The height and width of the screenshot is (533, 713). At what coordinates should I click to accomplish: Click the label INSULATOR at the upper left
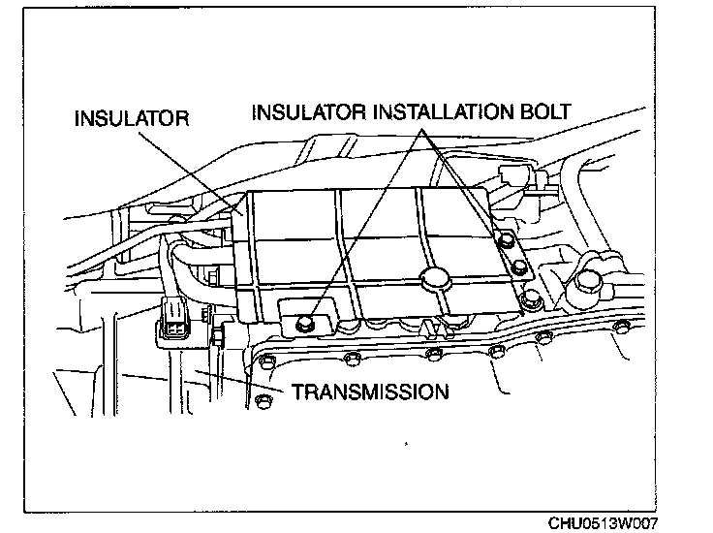pos(131,119)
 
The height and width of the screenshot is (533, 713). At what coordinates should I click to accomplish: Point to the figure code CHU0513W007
pos(603,522)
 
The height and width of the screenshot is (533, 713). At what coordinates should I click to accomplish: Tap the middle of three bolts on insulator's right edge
pos(520,267)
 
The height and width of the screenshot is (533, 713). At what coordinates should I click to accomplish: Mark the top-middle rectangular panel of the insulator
pos(377,213)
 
